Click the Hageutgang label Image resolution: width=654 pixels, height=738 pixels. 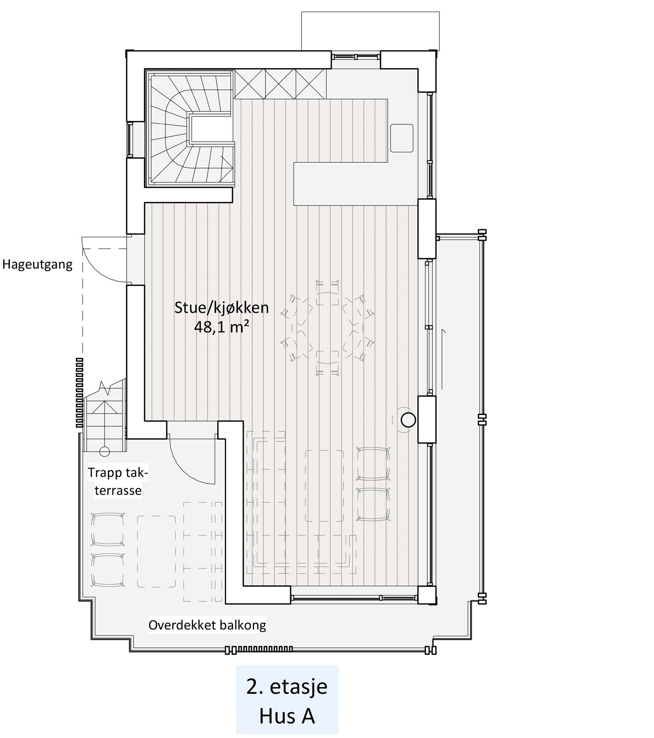(x=37, y=264)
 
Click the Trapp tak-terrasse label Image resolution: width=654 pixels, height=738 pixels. (x=118, y=482)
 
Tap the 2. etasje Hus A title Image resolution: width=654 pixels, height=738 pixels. (x=287, y=702)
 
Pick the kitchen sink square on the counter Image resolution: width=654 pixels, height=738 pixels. (x=402, y=138)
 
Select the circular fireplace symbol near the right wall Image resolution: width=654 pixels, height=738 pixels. (x=408, y=420)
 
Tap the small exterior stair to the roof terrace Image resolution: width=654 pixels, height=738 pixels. (x=104, y=414)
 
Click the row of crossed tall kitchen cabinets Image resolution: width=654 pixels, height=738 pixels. (x=280, y=84)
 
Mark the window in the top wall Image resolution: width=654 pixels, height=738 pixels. (x=356, y=57)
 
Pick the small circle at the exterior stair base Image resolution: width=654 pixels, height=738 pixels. (x=104, y=451)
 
